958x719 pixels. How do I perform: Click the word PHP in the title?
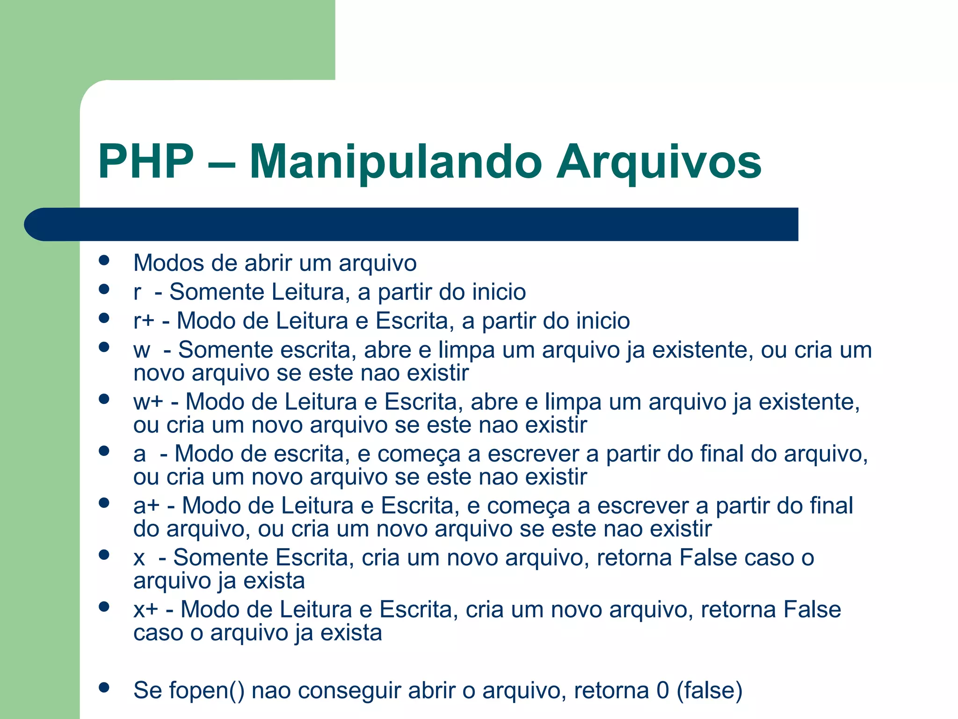coord(146,162)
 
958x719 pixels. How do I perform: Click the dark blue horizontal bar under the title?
coord(412,224)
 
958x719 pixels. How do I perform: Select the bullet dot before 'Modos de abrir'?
coord(104,260)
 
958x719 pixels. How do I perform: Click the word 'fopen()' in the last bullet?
coord(206,691)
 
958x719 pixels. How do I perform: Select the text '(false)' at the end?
coord(709,691)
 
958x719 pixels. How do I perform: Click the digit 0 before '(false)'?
coord(662,691)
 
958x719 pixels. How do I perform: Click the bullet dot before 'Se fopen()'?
coord(104,688)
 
